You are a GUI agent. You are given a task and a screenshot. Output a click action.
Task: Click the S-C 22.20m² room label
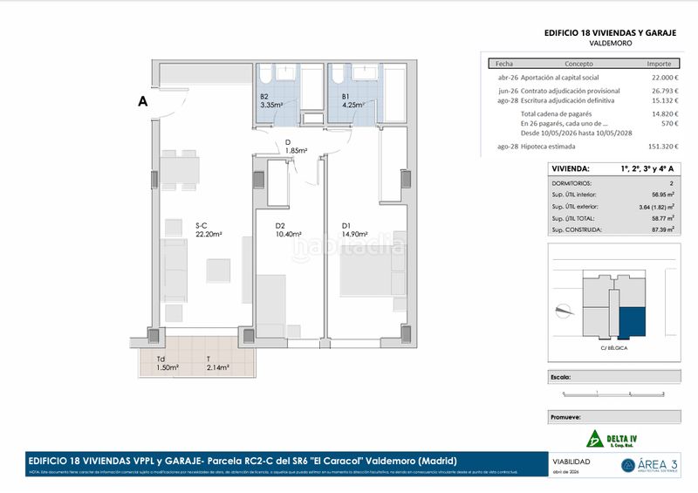pyautogui.click(x=208, y=229)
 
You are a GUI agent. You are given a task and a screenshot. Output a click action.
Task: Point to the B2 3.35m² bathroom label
pyautogui.click(x=272, y=101)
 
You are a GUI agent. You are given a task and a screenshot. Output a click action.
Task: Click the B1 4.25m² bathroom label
pyautogui.click(x=353, y=101)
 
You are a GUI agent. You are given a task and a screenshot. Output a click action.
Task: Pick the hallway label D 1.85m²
pyautogui.click(x=296, y=147)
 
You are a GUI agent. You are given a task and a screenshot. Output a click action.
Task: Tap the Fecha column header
pyautogui.click(x=504, y=64)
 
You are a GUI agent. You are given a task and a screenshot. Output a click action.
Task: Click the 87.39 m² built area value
pyautogui.click(x=662, y=229)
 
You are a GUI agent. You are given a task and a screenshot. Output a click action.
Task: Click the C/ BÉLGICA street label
pyautogui.click(x=615, y=347)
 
